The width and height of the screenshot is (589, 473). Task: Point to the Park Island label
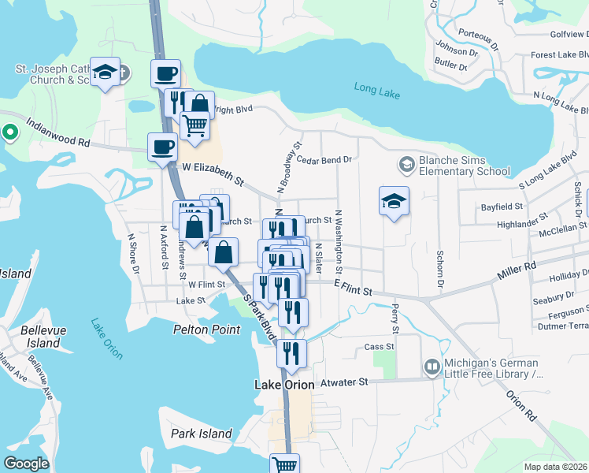pyautogui.click(x=202, y=434)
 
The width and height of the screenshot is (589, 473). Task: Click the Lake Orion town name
pyautogui.click(x=284, y=385)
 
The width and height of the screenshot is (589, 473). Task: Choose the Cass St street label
pyautogui.click(x=379, y=347)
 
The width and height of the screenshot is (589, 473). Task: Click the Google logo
pyautogui.click(x=27, y=464)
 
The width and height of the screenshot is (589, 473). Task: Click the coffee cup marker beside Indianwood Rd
pyautogui.click(x=163, y=147)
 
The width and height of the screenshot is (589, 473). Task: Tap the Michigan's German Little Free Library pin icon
pyautogui.click(x=432, y=367)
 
